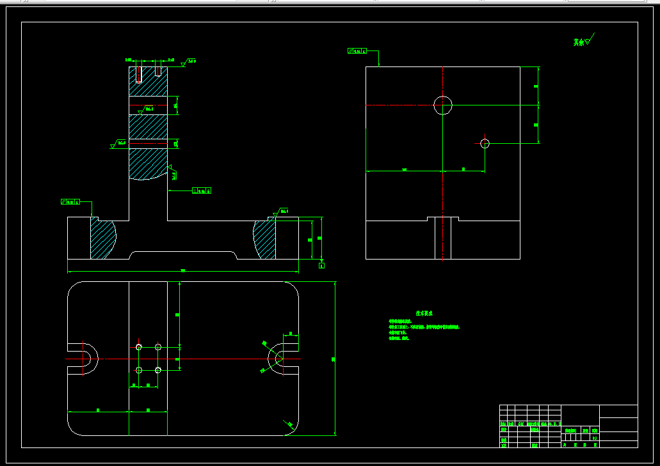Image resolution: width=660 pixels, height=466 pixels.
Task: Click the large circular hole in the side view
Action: click(442, 105)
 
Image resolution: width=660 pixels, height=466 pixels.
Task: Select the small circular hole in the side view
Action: click(485, 143)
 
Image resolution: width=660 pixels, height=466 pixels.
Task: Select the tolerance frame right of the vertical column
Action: click(202, 190)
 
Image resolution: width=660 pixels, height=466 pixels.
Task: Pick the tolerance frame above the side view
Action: click(357, 50)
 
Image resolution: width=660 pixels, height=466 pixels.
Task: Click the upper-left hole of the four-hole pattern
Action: click(139, 346)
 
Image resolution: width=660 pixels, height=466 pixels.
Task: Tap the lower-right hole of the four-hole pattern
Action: click(158, 369)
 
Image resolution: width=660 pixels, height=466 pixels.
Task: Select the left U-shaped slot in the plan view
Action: click(83, 359)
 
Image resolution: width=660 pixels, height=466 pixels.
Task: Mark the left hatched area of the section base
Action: click(102, 239)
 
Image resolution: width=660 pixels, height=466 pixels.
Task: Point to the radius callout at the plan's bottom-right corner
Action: click(290, 424)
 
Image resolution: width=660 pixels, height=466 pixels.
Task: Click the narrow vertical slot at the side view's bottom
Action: click(443, 238)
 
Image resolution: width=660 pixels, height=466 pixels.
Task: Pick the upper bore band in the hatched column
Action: click(148, 105)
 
